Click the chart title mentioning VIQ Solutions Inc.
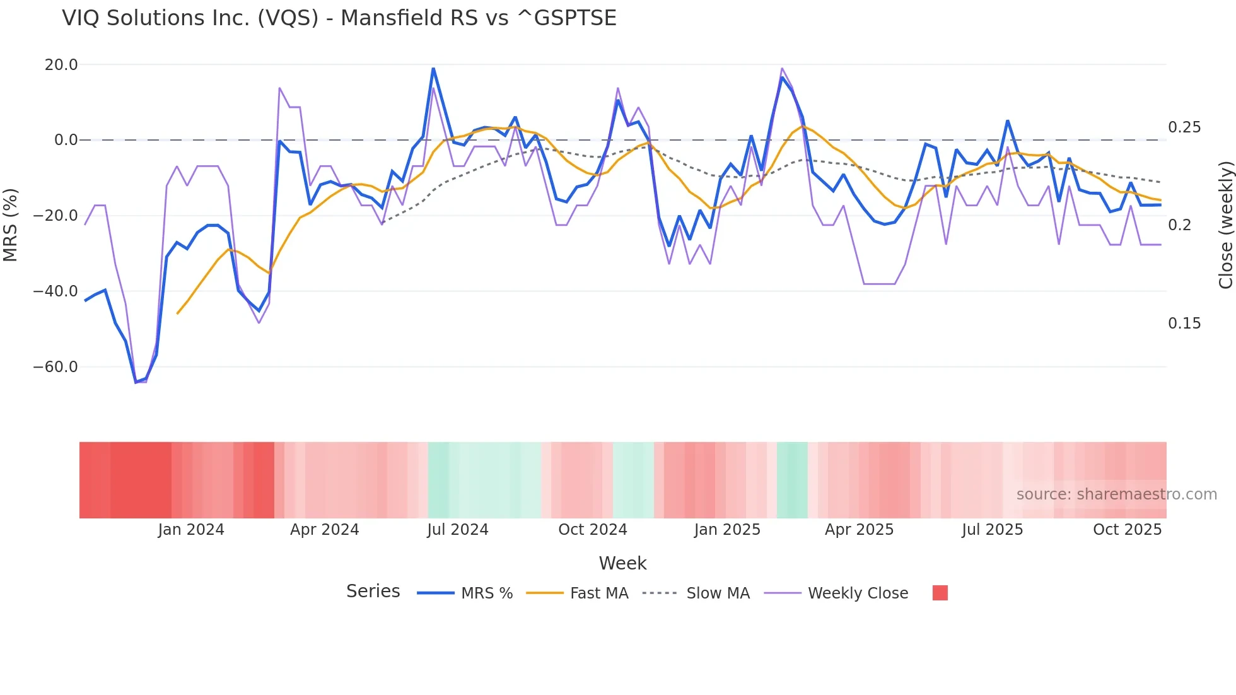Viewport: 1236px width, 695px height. (339, 18)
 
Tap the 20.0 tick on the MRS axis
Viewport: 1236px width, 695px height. (61, 65)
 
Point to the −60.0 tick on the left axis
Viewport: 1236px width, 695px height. (55, 367)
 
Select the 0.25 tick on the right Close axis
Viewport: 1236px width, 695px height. (1184, 127)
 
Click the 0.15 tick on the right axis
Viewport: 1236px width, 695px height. (1184, 324)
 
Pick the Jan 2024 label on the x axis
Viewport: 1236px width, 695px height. (190, 530)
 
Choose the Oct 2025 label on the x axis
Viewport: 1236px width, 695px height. (1127, 530)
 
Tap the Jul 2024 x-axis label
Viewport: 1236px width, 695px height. (457, 530)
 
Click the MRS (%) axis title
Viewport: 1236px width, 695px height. (11, 225)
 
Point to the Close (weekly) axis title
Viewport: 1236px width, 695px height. (1225, 225)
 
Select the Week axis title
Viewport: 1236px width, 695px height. (622, 563)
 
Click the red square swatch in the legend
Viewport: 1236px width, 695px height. (940, 593)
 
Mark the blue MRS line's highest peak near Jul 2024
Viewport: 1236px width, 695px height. (433, 68)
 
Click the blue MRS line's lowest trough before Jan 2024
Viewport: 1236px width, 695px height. (136, 382)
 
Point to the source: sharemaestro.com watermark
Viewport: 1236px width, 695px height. (1116, 494)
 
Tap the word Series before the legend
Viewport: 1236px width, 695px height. (373, 592)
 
